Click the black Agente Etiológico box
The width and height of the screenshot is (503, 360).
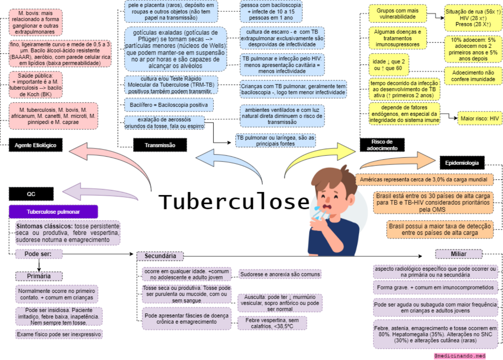click(x=35, y=145)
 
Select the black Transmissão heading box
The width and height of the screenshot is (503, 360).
click(x=160, y=145)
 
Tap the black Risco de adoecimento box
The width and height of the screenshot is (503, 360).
click(x=382, y=145)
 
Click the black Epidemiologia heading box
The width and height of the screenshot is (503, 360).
click(x=462, y=163)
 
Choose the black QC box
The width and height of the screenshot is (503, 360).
click(x=31, y=194)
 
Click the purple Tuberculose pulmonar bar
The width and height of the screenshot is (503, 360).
click(x=53, y=212)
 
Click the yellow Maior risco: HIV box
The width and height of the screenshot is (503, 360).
click(x=479, y=118)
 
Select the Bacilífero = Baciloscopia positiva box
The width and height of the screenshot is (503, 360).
click(x=169, y=105)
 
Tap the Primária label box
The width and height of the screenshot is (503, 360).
click(x=39, y=276)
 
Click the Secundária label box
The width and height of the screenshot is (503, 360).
click(x=160, y=256)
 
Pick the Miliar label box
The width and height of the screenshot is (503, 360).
click(x=458, y=254)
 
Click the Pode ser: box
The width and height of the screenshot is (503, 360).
click(x=39, y=254)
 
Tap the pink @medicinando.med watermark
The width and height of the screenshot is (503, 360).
click(x=460, y=356)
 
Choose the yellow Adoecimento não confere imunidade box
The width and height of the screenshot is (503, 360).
click(x=473, y=76)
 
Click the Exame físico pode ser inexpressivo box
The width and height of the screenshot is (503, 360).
click(x=59, y=334)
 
